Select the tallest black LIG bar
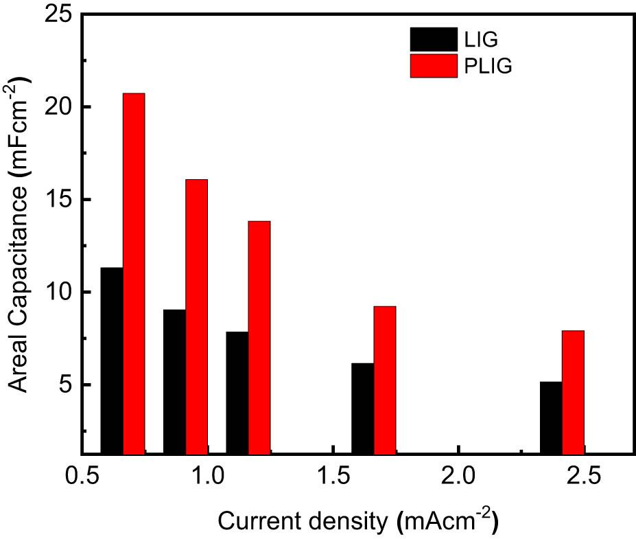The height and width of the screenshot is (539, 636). [112, 360]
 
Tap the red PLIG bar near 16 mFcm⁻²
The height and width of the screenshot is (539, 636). [196, 317]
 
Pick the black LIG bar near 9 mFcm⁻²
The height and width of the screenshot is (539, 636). [174, 382]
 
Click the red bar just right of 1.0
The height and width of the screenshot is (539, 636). [259, 337]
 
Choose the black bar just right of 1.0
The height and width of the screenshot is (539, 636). [237, 393]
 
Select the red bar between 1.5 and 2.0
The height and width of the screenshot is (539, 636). [384, 380]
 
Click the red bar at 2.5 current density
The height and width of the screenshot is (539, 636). [573, 392]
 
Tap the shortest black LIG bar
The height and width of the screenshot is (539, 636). [551, 417]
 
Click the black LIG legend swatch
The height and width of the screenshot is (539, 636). [433, 38]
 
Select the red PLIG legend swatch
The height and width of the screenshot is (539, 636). [433, 67]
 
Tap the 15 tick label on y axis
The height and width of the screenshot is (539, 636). [59, 200]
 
